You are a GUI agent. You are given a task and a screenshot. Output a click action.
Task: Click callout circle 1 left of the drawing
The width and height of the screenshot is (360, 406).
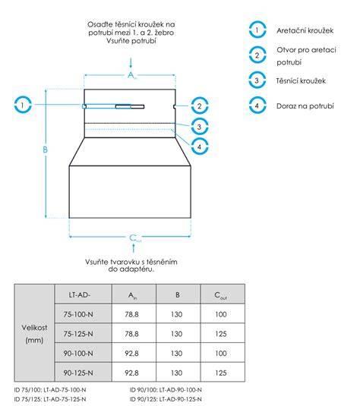(x=15, y=105)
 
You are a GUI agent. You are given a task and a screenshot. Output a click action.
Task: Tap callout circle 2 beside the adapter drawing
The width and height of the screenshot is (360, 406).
(x=192, y=106)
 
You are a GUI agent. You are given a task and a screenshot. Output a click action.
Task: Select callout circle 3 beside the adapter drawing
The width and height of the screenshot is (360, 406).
(x=192, y=127)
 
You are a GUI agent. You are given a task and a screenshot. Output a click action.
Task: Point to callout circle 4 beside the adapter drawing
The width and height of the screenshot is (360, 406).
(x=192, y=146)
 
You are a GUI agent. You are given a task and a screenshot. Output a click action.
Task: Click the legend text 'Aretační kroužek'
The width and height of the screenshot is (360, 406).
(x=305, y=30)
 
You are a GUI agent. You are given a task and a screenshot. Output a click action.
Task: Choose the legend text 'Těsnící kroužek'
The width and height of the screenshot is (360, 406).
(x=301, y=80)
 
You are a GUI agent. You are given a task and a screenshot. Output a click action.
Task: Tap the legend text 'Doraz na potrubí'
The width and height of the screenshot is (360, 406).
(x=305, y=106)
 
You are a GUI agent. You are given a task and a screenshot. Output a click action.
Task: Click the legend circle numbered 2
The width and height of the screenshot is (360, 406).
(x=250, y=55)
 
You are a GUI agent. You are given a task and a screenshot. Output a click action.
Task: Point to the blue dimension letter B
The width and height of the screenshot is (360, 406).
(x=45, y=149)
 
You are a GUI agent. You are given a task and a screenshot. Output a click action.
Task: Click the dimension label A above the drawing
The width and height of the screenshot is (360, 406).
(x=131, y=75)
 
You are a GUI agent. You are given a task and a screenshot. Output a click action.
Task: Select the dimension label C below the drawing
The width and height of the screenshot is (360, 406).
(x=134, y=238)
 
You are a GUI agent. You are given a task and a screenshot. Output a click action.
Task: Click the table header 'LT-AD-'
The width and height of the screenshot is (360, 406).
(x=80, y=294)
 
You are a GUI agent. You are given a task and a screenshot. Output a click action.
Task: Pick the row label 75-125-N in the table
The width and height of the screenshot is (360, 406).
(x=78, y=334)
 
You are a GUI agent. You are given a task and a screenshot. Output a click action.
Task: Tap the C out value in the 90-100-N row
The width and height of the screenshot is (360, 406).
(x=221, y=353)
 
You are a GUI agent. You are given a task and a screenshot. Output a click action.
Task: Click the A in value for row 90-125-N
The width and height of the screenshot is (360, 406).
(x=131, y=373)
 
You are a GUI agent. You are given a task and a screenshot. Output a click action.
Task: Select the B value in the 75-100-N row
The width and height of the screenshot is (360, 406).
(x=176, y=314)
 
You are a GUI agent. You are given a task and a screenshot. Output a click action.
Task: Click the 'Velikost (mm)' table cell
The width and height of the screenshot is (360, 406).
(x=34, y=333)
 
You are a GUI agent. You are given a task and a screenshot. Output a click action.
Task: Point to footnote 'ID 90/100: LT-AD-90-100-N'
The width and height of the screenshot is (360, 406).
(x=166, y=390)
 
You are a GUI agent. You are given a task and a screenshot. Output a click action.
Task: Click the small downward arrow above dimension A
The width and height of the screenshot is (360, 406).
(x=131, y=63)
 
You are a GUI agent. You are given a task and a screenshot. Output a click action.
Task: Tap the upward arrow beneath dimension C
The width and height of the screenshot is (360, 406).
(x=134, y=248)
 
